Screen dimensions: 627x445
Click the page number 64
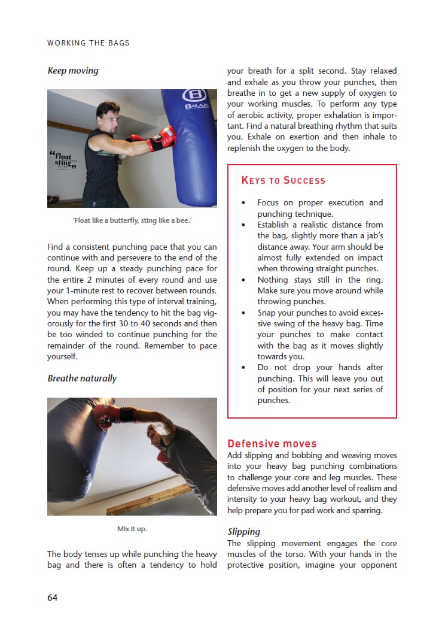coord(53,597)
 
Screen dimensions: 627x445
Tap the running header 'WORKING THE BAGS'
coord(88,43)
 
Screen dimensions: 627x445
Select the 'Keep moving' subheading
coord(73,71)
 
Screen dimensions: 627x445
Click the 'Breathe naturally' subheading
coord(82,378)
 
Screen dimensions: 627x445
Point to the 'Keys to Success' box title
coord(283,180)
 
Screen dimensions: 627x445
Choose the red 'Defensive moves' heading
coord(272,444)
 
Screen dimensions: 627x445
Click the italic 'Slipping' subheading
coord(244,531)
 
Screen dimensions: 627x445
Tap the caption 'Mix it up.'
coord(132,529)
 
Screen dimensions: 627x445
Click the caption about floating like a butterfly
coord(132,221)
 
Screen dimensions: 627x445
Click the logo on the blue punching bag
coord(194,96)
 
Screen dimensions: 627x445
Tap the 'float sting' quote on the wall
coord(62,160)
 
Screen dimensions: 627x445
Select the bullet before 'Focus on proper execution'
coord(243,203)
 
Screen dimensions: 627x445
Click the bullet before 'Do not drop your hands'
coord(243,368)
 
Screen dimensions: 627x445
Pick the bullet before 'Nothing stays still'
coord(243,280)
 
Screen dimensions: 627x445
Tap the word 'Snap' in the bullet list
coord(267,313)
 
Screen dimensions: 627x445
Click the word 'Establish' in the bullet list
coord(275,225)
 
